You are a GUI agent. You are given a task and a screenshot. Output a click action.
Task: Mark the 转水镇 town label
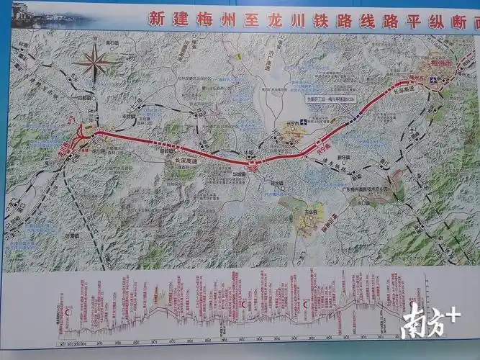276,184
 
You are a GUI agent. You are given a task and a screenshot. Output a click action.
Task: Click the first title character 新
155,19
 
